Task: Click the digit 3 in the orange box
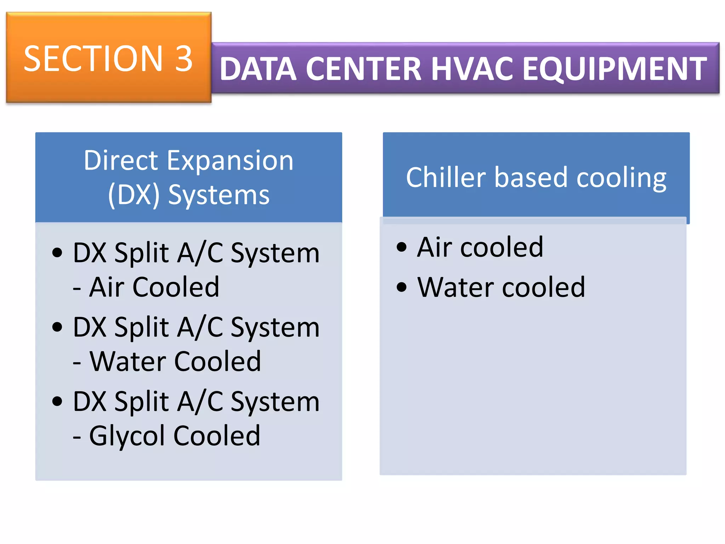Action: (184, 59)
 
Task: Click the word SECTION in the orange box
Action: (93, 59)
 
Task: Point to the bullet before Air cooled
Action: (401, 247)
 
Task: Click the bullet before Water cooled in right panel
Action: (401, 287)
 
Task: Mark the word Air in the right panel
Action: (434, 247)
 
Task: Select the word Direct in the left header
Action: (121, 161)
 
